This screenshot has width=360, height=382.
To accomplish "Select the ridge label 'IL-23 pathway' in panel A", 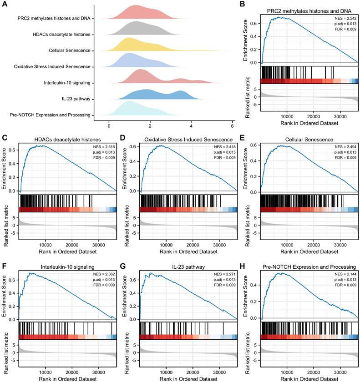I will pos(75,98).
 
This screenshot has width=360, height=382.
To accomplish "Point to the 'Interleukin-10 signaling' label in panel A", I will pos(63,82).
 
